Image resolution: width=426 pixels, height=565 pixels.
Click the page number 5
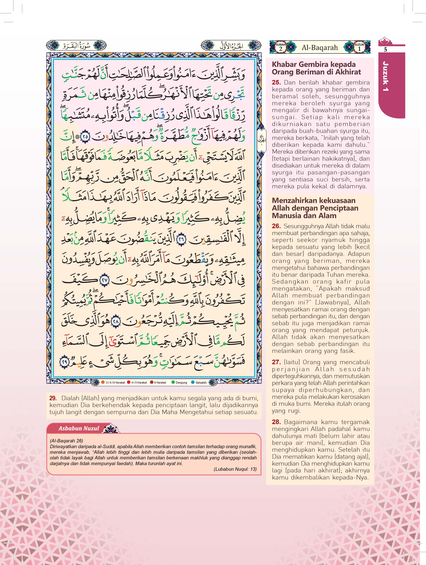coord(385,50)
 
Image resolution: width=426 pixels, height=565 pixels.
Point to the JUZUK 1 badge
coord(359,47)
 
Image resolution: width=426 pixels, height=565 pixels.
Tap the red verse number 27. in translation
coord(276,362)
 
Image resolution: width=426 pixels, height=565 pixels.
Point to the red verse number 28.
coord(276,422)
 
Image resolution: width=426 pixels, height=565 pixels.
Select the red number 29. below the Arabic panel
coord(53,398)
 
